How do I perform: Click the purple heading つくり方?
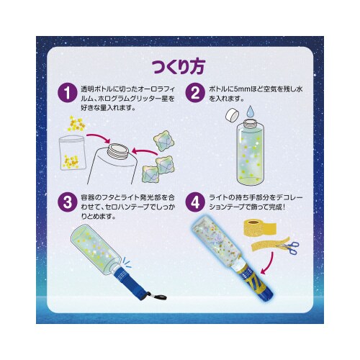(179, 66)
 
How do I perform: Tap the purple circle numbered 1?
(68, 93)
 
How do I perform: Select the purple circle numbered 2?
(195, 93)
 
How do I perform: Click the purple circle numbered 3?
(68, 202)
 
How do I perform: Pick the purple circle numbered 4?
(195, 202)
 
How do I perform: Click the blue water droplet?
(251, 112)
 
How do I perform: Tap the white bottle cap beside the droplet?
(233, 115)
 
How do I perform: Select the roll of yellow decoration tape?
(260, 226)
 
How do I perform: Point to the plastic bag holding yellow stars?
(72, 153)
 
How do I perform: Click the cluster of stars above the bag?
(76, 124)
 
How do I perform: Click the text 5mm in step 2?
(240, 89)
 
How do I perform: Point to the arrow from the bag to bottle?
(98, 138)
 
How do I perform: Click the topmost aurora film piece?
(164, 141)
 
